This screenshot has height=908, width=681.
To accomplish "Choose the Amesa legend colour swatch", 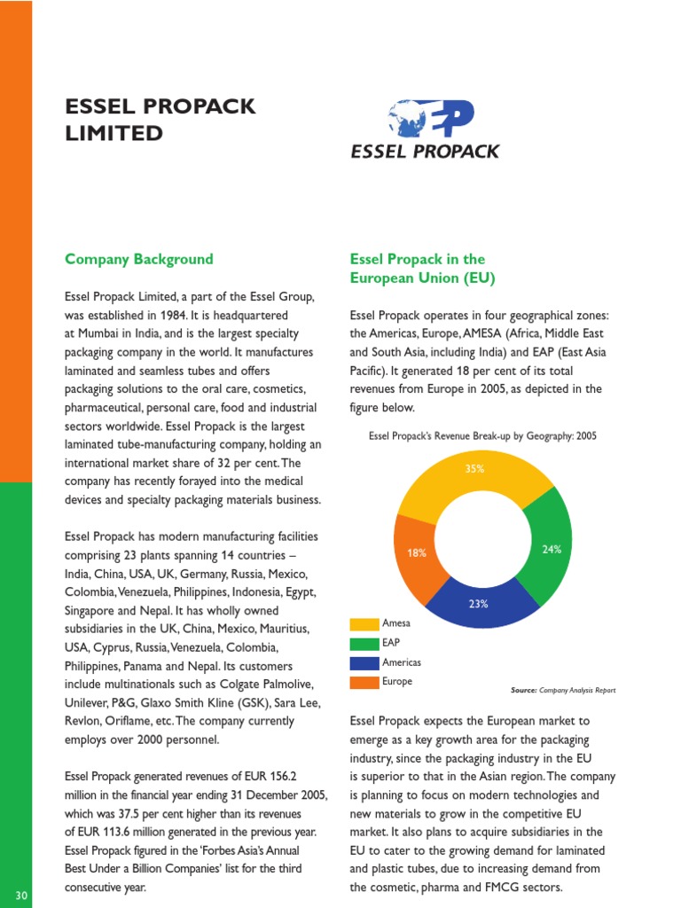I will click(364, 623).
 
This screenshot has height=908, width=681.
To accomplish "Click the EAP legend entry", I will click(390, 643).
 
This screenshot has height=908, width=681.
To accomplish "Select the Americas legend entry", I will click(401, 662).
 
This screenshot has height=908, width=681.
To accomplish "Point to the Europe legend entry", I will click(396, 682).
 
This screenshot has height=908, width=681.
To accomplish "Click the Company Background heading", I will click(139, 259).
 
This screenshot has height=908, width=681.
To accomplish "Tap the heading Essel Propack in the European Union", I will click(422, 268).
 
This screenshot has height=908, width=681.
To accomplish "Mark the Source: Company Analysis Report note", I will click(563, 690).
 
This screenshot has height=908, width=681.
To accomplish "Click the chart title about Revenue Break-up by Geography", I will click(482, 435).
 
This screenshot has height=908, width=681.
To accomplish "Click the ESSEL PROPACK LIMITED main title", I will click(160, 120).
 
